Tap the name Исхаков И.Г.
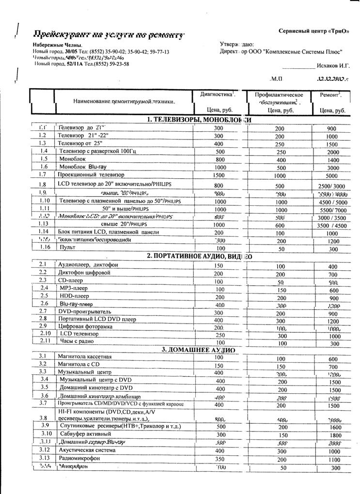[x=333, y=64]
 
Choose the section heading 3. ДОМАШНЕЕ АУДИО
[x=199, y=350]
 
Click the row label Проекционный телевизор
[x=91, y=174]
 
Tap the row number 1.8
[x=43, y=185]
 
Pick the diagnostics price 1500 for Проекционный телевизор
[x=219, y=175]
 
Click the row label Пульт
[x=67, y=247]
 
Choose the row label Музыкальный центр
[x=85, y=371]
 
